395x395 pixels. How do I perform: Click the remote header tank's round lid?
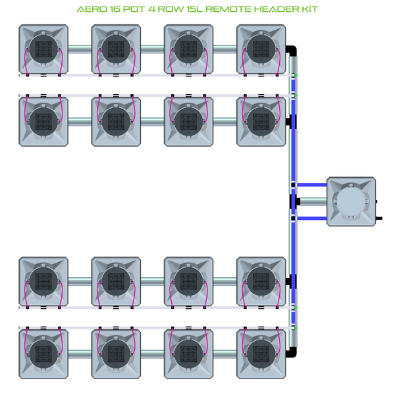[352, 201]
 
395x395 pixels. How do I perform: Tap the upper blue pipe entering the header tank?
[313, 184]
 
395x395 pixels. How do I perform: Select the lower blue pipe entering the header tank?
[313, 218]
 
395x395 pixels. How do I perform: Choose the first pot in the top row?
[43, 49]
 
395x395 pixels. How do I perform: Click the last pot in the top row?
[261, 49]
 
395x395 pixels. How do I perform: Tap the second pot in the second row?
[116, 120]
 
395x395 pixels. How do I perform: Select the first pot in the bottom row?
[43, 353]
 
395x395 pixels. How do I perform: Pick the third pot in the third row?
[188, 282]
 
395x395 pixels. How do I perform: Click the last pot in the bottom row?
[261, 353]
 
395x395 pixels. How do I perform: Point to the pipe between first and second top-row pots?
[80, 48]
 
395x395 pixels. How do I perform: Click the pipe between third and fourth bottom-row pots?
[224, 352]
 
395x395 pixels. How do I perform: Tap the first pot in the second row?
[43, 120]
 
